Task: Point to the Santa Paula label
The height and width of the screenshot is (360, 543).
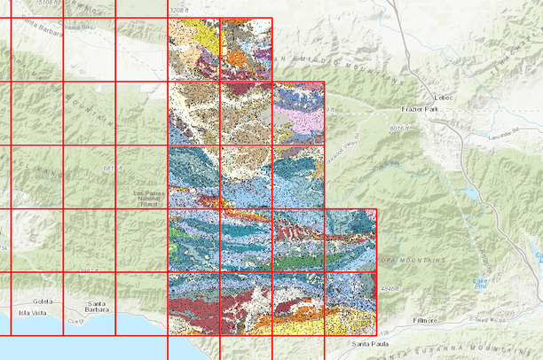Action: [x=370, y=342]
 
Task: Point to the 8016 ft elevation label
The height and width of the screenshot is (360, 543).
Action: [x=402, y=129]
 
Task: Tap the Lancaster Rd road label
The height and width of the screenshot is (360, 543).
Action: [x=498, y=133]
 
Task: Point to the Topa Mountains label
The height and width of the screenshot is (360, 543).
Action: [x=413, y=261]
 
